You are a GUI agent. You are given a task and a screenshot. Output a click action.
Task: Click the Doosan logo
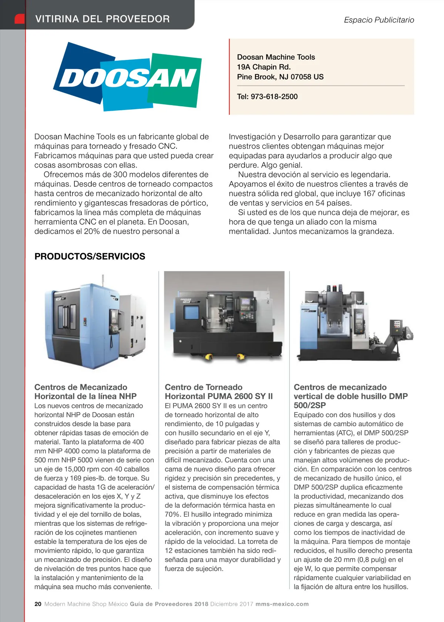128,77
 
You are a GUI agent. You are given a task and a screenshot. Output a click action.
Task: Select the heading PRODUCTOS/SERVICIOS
90,256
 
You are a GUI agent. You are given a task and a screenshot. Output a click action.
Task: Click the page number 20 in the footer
38,604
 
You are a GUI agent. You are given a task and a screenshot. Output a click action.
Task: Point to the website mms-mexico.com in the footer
282,604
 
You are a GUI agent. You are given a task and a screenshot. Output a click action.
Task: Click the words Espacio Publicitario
379,20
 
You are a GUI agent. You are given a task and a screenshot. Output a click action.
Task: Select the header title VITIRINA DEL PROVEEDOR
102,19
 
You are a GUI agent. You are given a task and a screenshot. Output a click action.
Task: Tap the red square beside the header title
20,19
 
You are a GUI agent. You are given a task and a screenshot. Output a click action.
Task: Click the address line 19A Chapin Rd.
264,67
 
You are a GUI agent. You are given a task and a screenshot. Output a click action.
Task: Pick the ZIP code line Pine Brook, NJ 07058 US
280,77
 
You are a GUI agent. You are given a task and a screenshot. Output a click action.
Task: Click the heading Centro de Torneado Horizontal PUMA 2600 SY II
219,392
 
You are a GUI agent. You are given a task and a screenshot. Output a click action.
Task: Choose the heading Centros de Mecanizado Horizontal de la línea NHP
85,392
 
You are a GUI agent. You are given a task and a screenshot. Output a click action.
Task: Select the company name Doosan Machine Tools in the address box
276,57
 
